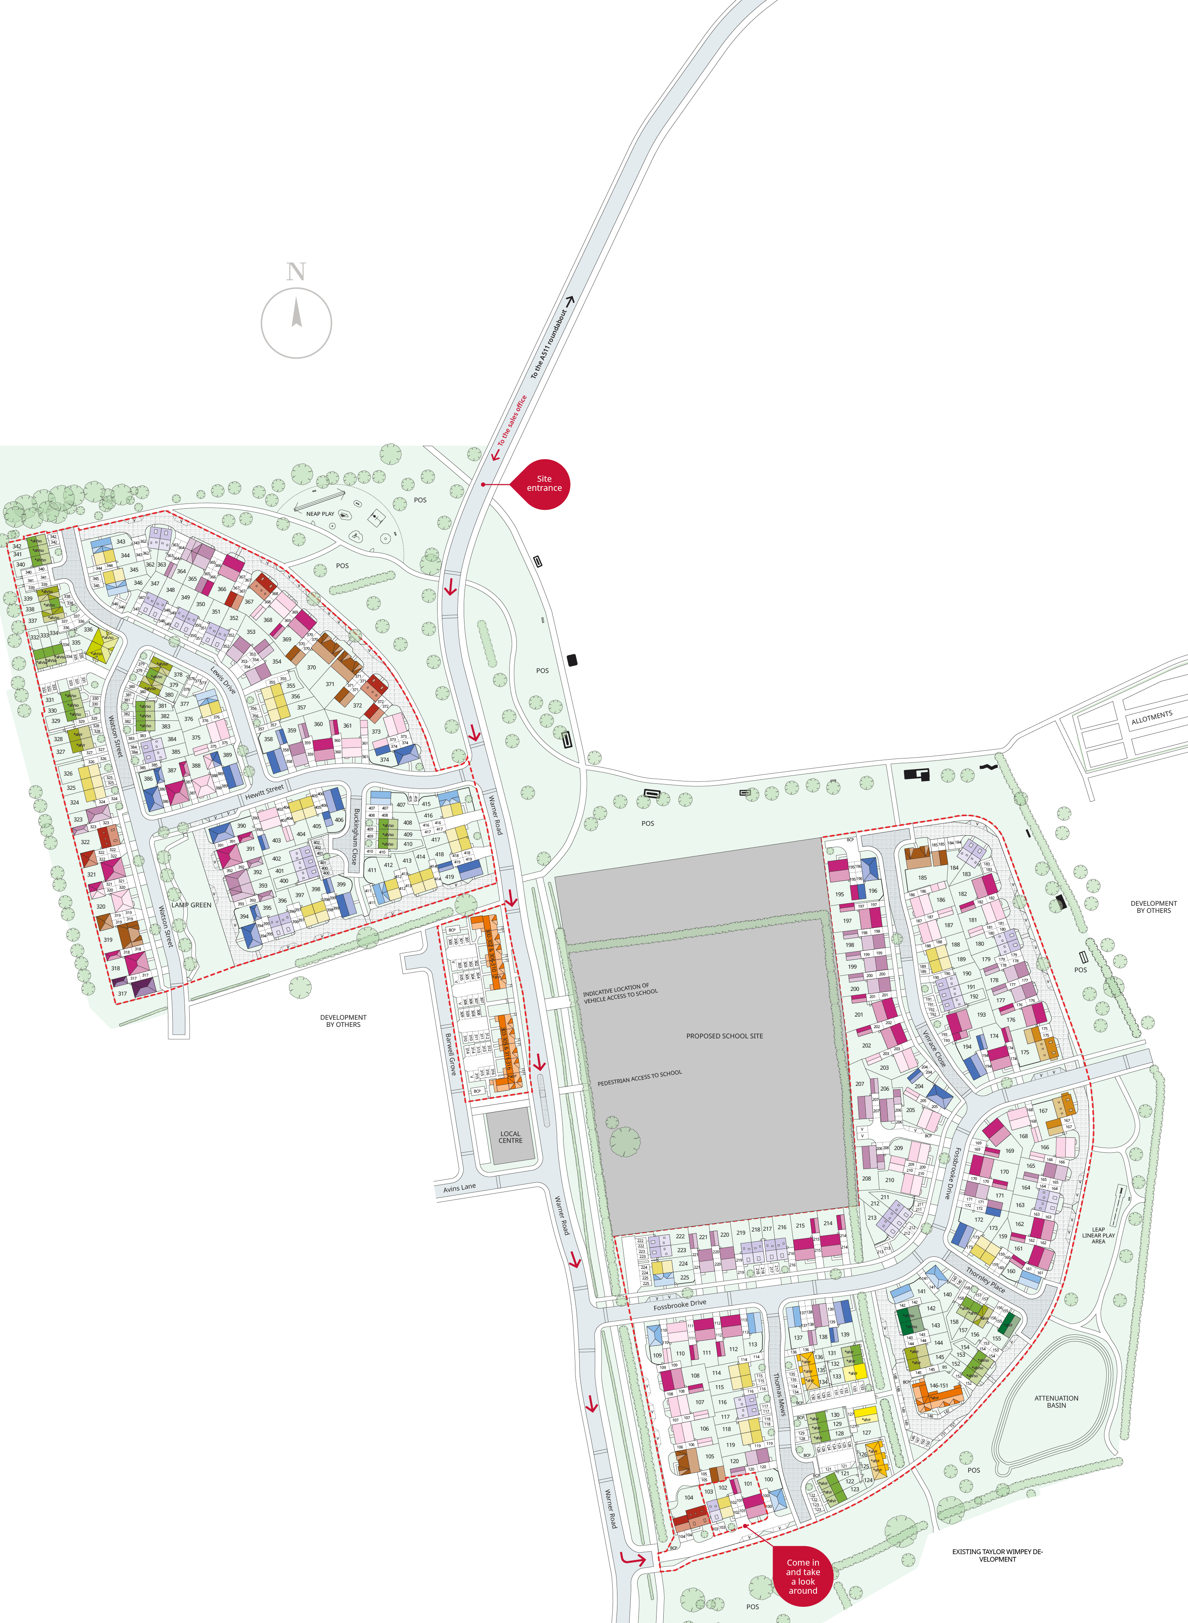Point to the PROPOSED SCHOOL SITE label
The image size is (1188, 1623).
point(724,1036)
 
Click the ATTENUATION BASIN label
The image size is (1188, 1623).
point(1056,1402)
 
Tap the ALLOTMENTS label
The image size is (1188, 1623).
point(1151,717)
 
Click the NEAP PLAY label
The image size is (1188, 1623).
point(320,514)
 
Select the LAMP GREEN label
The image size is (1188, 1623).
point(191,905)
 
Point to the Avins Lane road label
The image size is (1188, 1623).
point(459,1188)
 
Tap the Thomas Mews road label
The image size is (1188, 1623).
point(780,1395)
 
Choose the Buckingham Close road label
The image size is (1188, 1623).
point(355,836)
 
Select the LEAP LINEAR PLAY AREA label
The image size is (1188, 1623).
point(1098,1235)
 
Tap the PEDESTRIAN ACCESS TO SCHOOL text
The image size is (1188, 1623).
point(639,1078)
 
